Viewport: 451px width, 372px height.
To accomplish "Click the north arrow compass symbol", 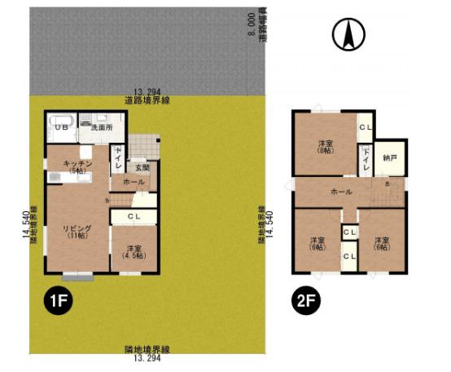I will tap(348, 34).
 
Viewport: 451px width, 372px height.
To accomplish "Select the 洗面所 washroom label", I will tap(101, 128).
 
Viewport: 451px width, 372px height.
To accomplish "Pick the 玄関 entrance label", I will tap(142, 167).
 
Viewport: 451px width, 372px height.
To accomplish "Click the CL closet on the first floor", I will tap(135, 216).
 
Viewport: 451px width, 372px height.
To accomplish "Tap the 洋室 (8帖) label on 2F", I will tap(326, 148).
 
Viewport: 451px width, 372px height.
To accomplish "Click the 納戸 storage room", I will tap(390, 157).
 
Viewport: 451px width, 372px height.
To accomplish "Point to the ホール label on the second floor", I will tap(341, 192).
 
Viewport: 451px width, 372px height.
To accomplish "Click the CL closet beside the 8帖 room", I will tap(366, 127).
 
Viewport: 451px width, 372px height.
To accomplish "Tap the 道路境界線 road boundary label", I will tap(147, 100).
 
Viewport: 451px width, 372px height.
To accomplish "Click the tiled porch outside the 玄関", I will tap(145, 146).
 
